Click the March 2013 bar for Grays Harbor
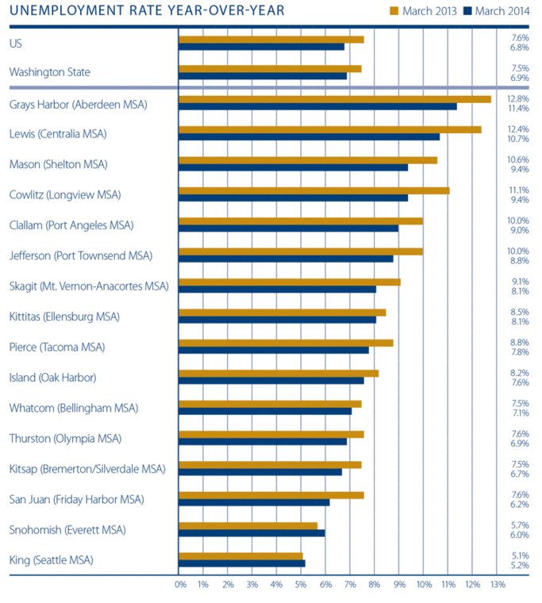(335, 99)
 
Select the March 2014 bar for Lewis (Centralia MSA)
(309, 136)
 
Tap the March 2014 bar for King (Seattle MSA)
(242, 563)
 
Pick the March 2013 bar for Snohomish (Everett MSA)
(248, 525)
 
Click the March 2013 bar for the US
(271, 39)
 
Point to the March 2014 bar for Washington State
(263, 76)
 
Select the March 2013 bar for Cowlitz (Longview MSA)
(314, 190)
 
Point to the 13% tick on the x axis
(498, 585)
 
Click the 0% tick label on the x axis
(180, 585)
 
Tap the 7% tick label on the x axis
(351, 585)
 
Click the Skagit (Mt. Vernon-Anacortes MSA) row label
(89, 286)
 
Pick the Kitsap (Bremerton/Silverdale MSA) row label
(87, 469)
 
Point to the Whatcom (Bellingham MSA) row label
(74, 408)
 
